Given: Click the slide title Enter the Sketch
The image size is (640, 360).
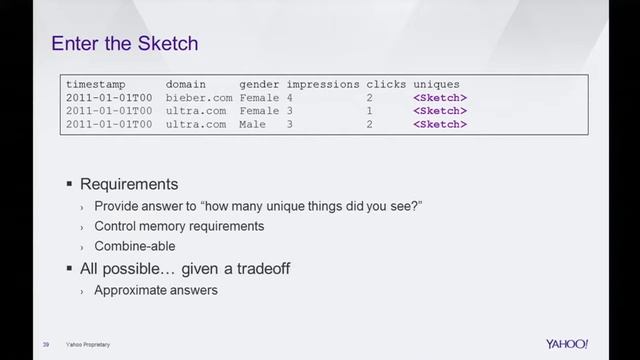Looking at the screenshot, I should tap(124, 43).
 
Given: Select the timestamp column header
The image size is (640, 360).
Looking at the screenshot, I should tap(98, 84).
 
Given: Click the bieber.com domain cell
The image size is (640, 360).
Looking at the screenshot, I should tap(199, 98).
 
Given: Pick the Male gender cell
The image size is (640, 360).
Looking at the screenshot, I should tap(252, 125).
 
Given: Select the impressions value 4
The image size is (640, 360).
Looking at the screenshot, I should tap(289, 98).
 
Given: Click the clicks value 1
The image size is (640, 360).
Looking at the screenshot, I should tap(369, 111).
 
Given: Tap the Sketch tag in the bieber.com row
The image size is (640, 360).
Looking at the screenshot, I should tap(440, 98).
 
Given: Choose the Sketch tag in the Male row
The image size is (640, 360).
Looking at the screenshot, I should tap(440, 125).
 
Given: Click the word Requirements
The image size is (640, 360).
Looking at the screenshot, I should tap(129, 185).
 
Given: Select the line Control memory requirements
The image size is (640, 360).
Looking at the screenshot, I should tap(179, 226).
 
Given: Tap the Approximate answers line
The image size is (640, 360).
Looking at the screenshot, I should tap(155, 290).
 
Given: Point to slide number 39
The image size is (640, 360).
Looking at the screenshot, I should tap(46, 345).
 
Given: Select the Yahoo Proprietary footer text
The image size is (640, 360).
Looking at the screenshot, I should tap(89, 345).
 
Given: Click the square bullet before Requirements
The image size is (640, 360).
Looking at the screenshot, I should tap(70, 185).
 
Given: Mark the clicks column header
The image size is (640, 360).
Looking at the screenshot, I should tap(385, 84).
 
